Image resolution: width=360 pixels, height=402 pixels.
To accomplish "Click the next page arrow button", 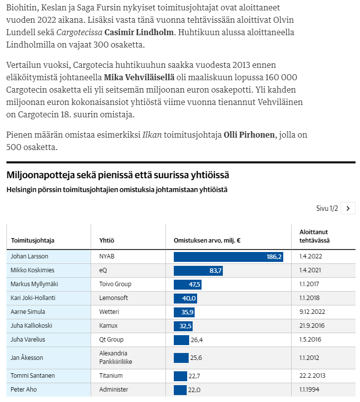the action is (348, 208).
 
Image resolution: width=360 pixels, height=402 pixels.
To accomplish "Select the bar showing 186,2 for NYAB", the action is (228, 256).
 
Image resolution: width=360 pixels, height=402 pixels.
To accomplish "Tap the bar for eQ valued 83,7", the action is (198, 270).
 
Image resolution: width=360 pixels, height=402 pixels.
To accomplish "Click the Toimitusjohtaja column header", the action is (33, 241).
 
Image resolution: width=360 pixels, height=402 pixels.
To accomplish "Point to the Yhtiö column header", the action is (106, 241).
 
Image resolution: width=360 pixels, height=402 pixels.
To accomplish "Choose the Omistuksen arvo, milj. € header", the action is (207, 241).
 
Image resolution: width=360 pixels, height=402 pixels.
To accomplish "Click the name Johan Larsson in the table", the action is (29, 256).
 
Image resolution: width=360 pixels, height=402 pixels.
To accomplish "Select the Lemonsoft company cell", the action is (113, 298).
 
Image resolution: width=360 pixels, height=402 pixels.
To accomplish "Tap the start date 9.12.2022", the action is (312, 312).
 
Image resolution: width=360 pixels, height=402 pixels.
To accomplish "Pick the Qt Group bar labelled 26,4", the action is (181, 340).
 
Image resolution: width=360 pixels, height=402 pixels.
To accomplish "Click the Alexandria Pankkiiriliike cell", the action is (116, 357).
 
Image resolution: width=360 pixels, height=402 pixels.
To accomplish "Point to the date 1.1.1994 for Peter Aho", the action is (309, 390).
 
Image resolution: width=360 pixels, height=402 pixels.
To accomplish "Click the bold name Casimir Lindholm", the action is (139, 32).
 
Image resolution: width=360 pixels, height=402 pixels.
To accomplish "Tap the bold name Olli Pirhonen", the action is (249, 135).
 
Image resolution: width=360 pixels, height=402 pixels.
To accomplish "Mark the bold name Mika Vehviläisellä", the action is (139, 77).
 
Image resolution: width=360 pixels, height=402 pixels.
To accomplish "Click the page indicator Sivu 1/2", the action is (327, 208).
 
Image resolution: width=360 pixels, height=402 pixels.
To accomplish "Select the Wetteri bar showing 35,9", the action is (184, 312).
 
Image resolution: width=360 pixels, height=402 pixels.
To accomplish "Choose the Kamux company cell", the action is (108, 326).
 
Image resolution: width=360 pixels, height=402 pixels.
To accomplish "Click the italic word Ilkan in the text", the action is (152, 135).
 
